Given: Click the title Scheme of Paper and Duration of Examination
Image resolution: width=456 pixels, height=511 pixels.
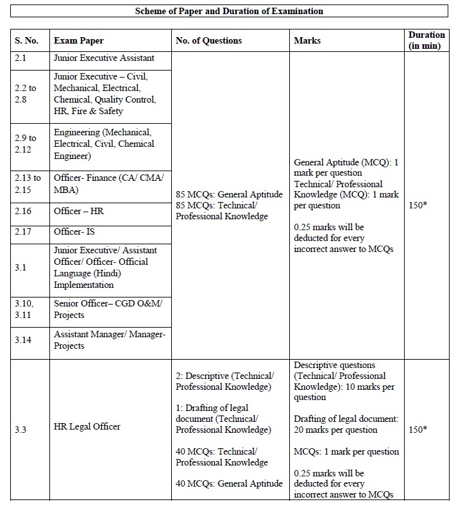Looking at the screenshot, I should coord(228,12).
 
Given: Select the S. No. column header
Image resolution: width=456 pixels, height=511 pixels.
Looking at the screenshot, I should coord(27,40).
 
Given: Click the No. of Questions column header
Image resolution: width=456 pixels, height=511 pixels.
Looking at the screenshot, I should coord(209,40).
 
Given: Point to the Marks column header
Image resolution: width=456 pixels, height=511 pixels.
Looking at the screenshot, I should coord(307,40).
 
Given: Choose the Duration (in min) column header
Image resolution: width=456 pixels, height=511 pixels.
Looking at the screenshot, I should coord(426,40).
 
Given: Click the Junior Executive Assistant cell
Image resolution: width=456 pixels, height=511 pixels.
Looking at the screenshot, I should coord(104,58).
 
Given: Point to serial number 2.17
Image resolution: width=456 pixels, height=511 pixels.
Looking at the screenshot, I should coord(24,231).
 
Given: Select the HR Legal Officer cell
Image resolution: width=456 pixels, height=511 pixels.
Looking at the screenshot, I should coord(87,427).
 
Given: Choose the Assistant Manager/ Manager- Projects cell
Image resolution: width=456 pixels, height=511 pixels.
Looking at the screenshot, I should coord(110,340).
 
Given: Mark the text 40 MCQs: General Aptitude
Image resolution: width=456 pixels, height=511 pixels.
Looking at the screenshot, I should coord(229,483).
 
